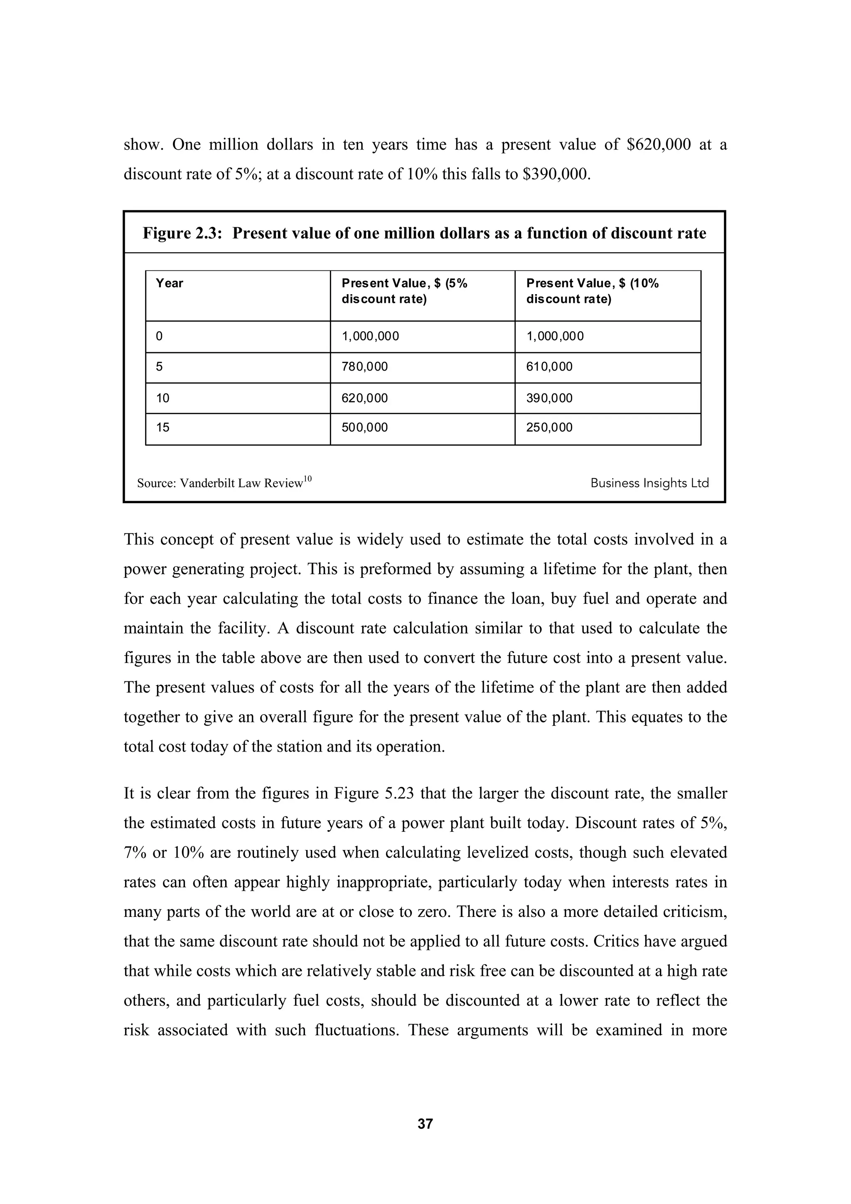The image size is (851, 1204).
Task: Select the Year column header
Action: click(170, 284)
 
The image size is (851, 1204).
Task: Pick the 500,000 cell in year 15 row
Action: click(364, 428)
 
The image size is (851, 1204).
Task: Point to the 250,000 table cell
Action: click(549, 428)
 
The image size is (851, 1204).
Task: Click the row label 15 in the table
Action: click(162, 428)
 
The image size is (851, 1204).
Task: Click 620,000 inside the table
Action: click(364, 398)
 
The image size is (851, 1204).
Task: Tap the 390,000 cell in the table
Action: click(549, 398)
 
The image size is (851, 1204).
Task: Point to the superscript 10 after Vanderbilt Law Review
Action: click(308, 478)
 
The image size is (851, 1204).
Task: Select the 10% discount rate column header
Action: click(592, 291)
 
